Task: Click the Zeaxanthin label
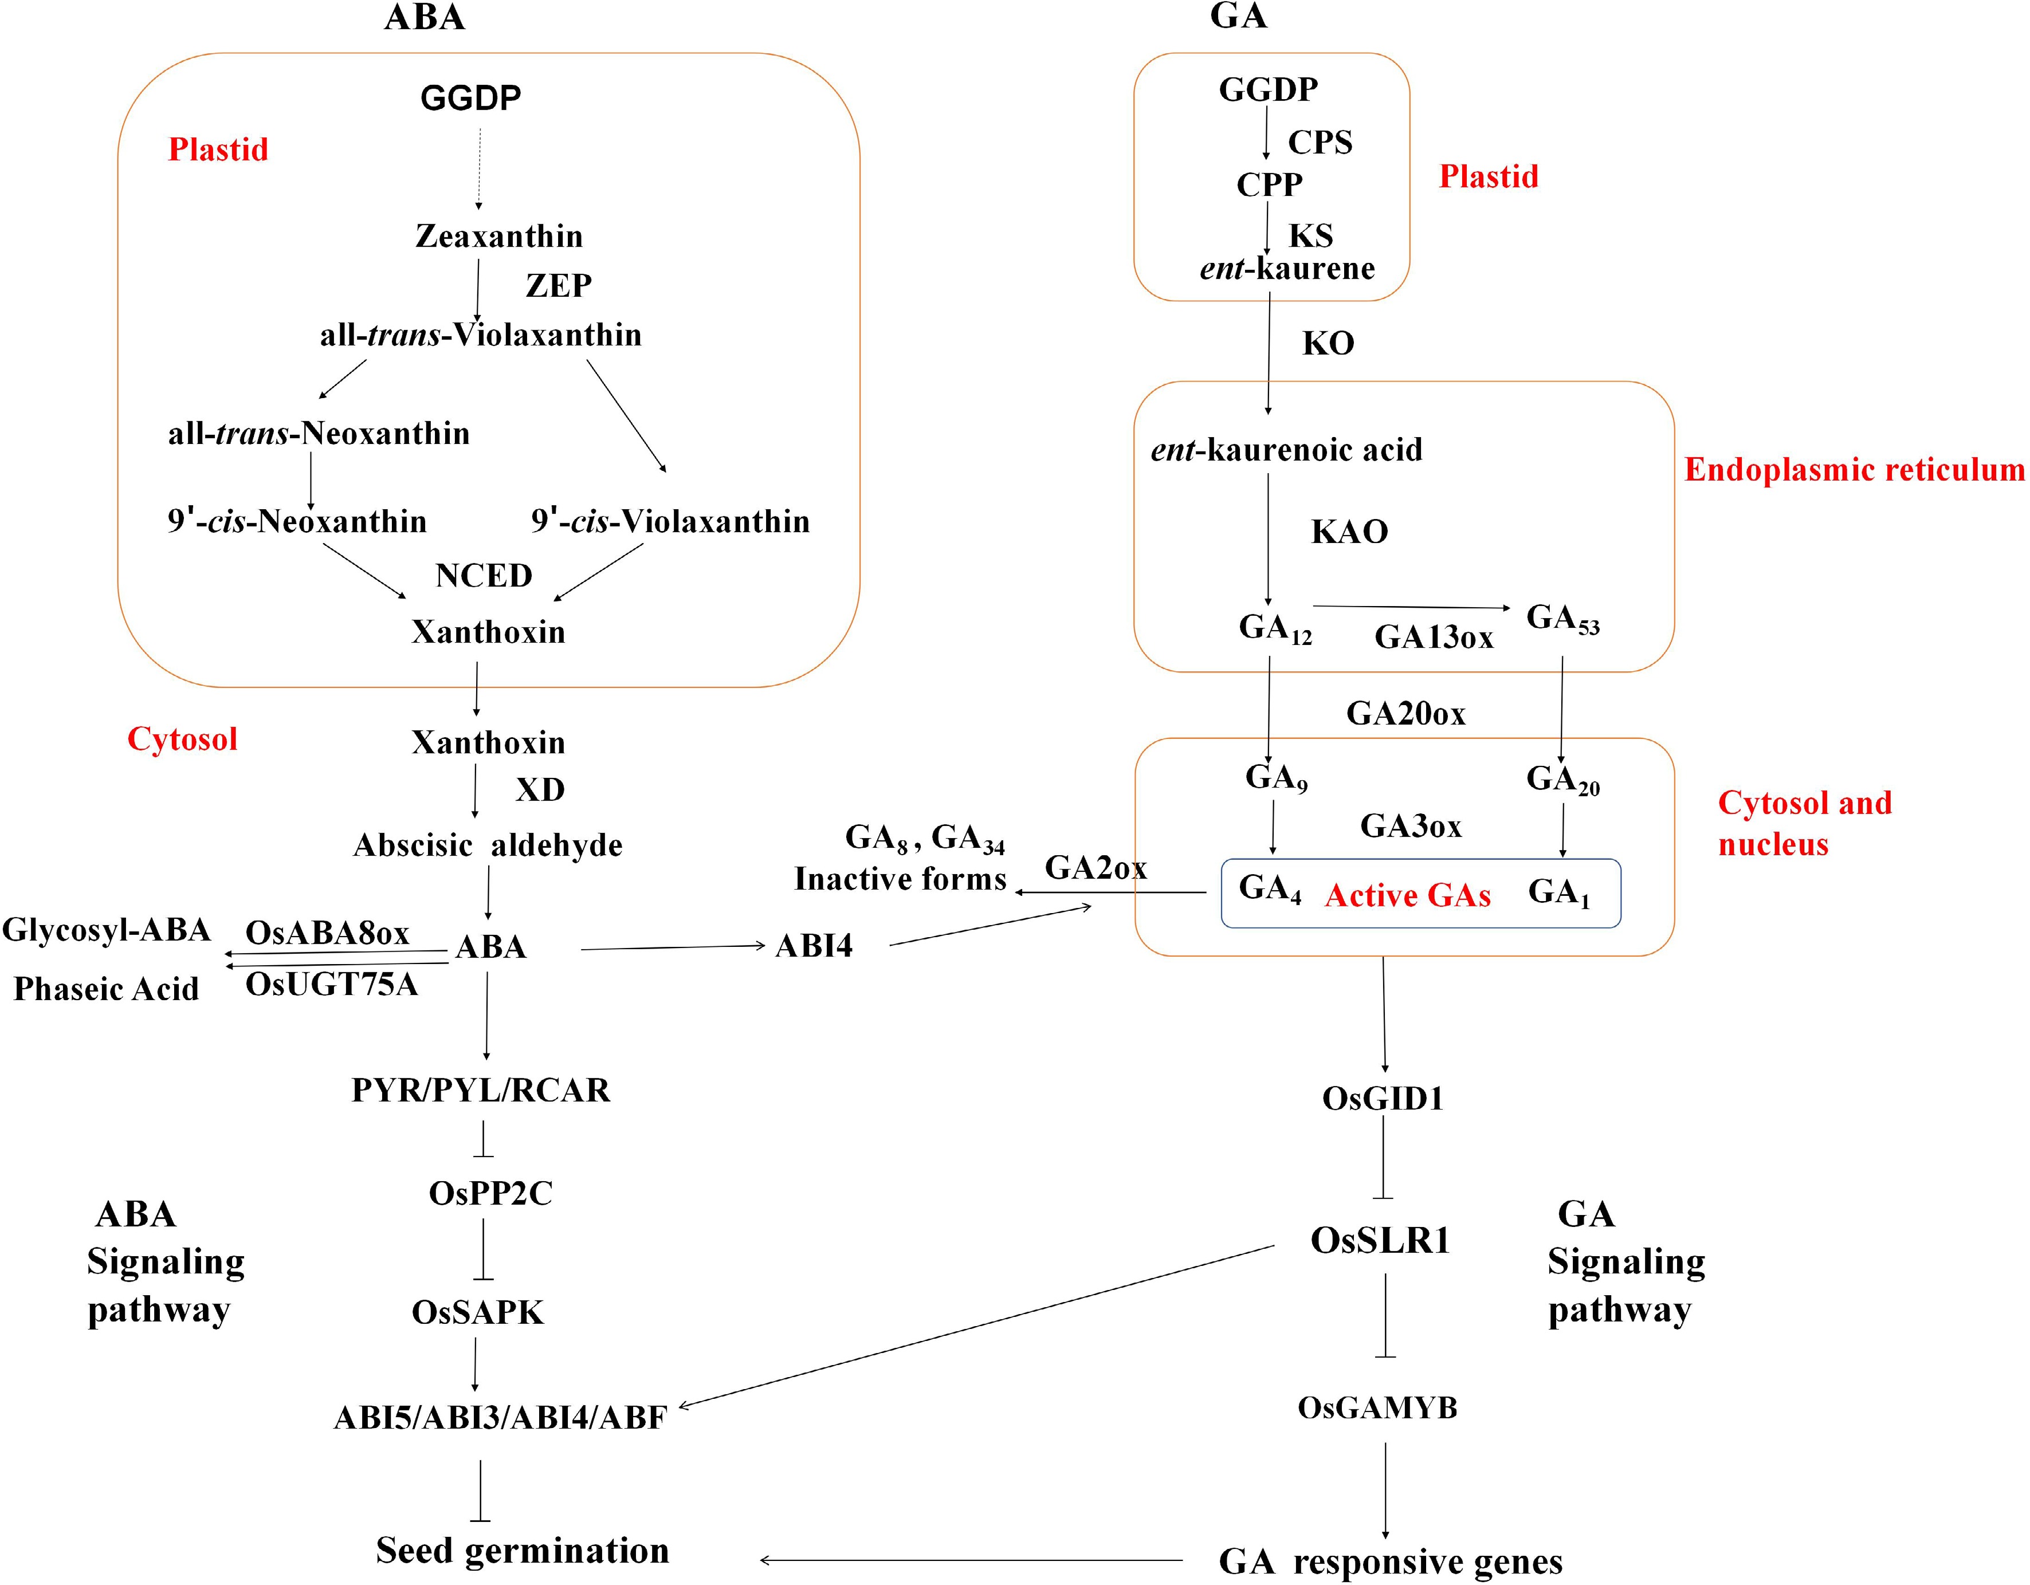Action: (x=499, y=236)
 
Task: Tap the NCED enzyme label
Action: (x=484, y=576)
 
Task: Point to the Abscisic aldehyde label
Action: (x=488, y=845)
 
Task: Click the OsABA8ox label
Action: (x=327, y=933)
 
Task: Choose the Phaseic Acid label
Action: (x=106, y=989)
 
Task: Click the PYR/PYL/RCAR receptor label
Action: (x=481, y=1090)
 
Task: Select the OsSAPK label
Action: (x=478, y=1312)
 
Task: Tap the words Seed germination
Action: (x=523, y=1551)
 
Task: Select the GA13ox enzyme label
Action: (x=1434, y=638)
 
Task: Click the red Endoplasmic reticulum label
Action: (x=1854, y=470)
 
